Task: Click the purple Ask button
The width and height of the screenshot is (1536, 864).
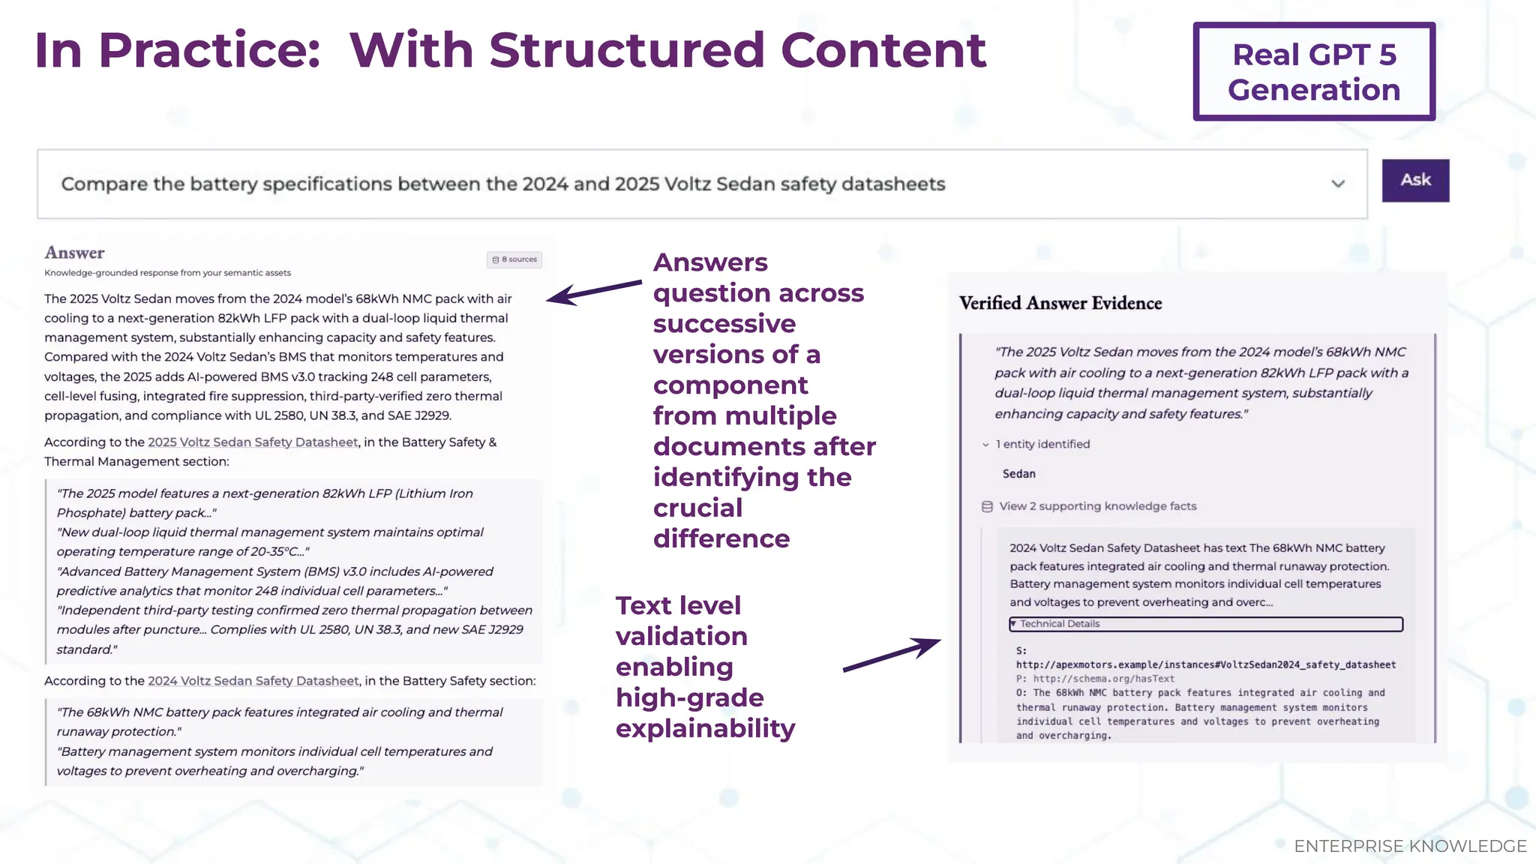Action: (1415, 181)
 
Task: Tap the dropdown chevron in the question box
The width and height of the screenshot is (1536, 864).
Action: (1338, 184)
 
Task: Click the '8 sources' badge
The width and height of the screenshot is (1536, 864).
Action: (514, 259)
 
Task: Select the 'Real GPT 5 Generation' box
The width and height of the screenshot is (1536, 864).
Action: (1314, 72)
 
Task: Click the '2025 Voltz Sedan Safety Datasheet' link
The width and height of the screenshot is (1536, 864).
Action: (253, 442)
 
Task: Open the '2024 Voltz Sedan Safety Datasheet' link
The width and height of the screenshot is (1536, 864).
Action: (253, 681)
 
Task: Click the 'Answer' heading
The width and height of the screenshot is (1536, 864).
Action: (74, 253)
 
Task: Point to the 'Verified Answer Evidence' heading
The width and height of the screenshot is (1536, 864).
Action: (1060, 303)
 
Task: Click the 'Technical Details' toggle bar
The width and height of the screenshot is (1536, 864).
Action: (1205, 624)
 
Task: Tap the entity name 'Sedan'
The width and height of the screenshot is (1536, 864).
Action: (1018, 474)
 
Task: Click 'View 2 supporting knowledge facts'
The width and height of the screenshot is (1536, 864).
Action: (1097, 506)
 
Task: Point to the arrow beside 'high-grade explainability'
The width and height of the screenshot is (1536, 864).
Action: (891, 655)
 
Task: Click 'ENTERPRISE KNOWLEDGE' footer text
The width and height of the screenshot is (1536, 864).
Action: (1410, 846)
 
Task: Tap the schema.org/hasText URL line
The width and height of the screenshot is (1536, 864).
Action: (1103, 679)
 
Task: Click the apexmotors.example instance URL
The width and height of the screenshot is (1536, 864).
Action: (1206, 664)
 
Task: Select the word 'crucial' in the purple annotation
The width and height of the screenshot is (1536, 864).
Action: (697, 508)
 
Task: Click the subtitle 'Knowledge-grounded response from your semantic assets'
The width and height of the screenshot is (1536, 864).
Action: (167, 273)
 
